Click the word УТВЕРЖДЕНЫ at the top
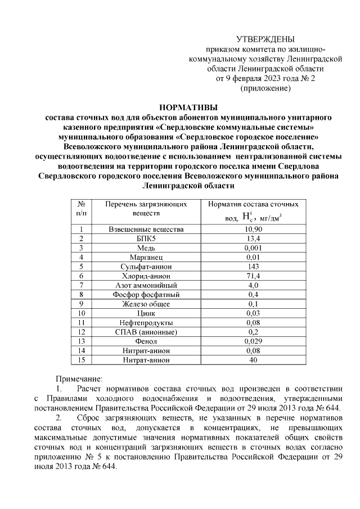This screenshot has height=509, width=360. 264,39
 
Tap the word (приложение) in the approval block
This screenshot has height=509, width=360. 265,88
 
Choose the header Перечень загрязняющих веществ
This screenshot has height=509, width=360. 146,209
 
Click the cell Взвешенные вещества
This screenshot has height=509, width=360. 146,229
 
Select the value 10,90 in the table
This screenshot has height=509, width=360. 253,229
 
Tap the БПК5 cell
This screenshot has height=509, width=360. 146,239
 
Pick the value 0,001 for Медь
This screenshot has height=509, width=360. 253,248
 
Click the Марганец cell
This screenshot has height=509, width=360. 146,258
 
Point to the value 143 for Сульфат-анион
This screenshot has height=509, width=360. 253,267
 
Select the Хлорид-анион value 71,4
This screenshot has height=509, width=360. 253,276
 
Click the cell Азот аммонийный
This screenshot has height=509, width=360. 146,285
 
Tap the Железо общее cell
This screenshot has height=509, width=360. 146,304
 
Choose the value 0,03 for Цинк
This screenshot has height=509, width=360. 253,313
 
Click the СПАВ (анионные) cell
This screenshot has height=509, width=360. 146,332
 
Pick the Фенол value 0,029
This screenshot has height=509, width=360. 253,341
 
